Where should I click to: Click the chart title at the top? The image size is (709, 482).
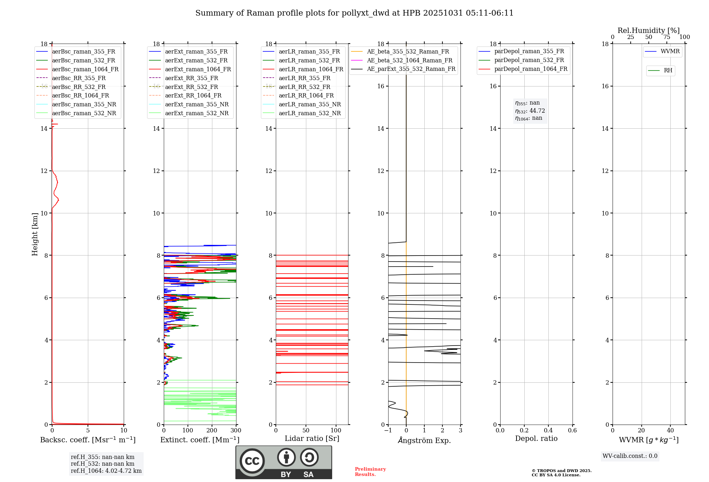[x=354, y=13]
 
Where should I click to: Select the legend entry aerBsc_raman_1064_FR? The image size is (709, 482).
[x=85, y=69]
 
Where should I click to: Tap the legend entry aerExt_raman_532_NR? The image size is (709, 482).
[x=197, y=113]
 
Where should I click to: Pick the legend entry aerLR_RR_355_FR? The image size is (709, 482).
[x=305, y=78]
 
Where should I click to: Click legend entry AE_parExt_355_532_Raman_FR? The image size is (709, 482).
[x=411, y=69]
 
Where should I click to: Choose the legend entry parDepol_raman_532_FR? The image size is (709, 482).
[x=529, y=60]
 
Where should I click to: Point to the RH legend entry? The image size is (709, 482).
[x=668, y=71]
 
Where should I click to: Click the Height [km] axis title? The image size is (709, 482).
[x=35, y=234]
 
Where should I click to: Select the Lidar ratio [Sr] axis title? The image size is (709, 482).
[x=312, y=438]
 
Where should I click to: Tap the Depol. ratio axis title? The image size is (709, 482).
[x=536, y=438]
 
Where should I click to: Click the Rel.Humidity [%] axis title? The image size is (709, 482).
[x=648, y=30]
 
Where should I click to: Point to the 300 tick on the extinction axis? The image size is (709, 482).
[x=236, y=431]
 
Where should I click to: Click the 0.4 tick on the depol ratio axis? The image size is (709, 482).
[x=548, y=431]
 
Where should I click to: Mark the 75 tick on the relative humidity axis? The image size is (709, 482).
[x=666, y=37]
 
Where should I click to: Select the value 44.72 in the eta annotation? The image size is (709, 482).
[x=537, y=111]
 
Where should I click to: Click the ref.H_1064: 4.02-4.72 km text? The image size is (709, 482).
[x=106, y=471]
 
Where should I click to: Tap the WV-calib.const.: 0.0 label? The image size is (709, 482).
[x=630, y=456]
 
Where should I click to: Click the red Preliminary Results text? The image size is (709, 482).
[x=370, y=472]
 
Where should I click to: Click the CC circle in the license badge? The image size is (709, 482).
[x=252, y=461]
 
